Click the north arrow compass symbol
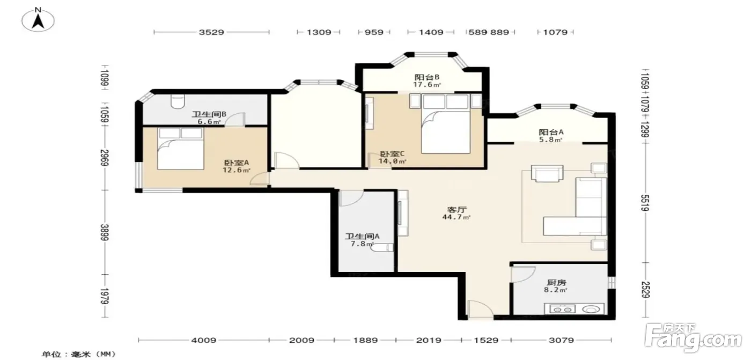tap(38, 20)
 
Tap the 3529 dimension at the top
tap(211, 32)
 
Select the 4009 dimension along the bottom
tap(203, 340)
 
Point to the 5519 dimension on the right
tap(645, 203)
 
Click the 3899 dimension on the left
tap(105, 232)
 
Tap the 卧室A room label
tap(237, 163)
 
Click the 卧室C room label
tap(392, 154)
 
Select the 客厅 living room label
tap(457, 209)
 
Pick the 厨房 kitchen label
tap(556, 283)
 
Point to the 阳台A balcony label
tap(551, 132)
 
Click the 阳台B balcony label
tap(427, 77)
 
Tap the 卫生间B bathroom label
tap(209, 114)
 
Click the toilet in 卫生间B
tap(178, 101)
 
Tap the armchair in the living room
tap(547, 173)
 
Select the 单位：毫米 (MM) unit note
tap(79, 354)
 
